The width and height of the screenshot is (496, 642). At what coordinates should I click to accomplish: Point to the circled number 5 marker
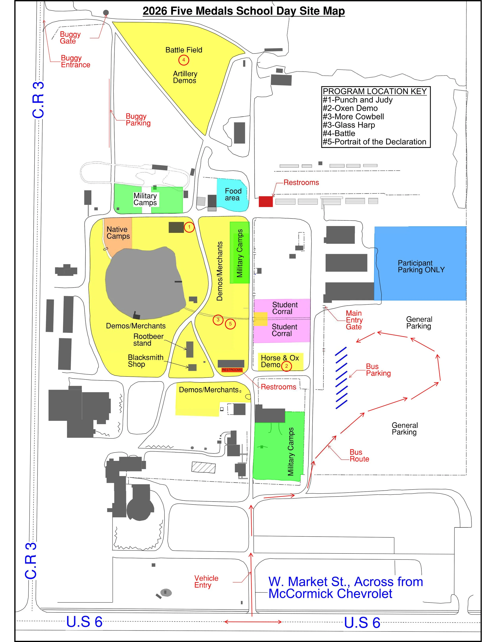tap(230, 324)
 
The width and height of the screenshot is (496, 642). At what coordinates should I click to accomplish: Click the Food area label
tap(233, 194)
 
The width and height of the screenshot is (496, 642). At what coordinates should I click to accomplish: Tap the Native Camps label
tap(118, 233)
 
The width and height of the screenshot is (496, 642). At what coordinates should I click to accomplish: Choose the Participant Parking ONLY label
tap(421, 266)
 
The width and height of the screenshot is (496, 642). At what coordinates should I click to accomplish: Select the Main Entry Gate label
tap(354, 320)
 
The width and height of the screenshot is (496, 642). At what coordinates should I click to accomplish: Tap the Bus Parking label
tap(378, 370)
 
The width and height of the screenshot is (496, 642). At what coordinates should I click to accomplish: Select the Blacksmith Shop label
tap(145, 361)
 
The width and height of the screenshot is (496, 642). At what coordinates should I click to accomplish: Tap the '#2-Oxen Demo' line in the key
tap(350, 108)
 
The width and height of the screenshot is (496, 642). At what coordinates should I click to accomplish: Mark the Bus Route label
tap(359, 456)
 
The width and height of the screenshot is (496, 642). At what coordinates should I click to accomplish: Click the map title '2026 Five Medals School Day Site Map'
tap(244, 11)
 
